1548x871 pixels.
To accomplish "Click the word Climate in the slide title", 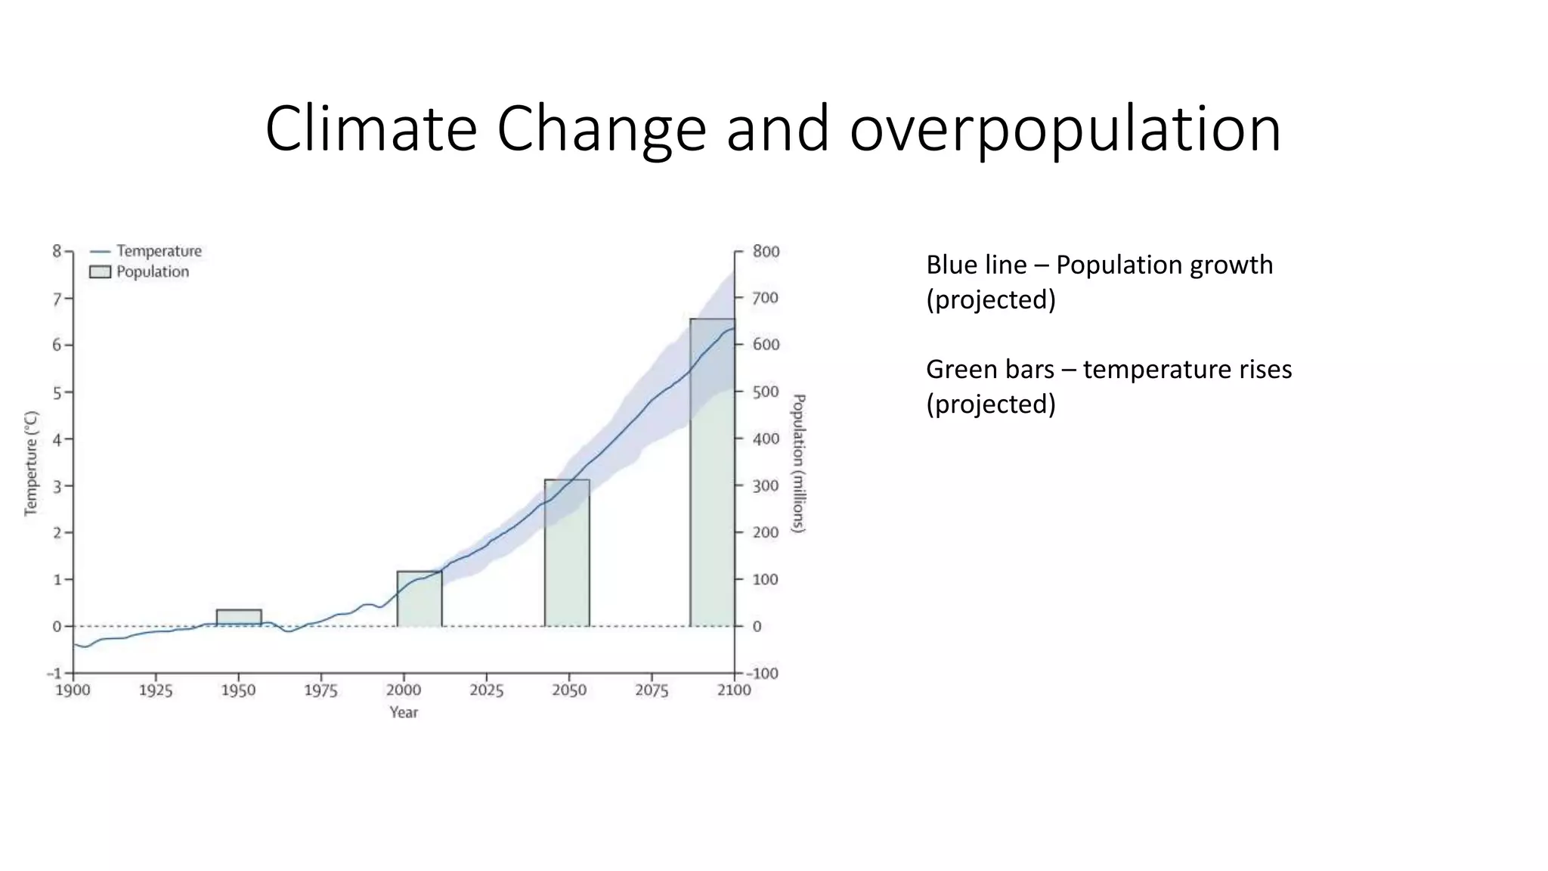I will tap(371, 129).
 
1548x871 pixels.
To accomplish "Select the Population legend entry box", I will tap(100, 272).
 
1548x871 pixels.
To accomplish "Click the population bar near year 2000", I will tap(420, 599).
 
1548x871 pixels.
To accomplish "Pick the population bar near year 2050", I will tap(567, 553).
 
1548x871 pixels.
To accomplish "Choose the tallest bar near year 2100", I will tap(712, 473).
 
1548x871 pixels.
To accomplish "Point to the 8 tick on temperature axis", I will tap(57, 251).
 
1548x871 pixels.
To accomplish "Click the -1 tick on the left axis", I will tap(54, 673).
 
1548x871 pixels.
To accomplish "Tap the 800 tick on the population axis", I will tap(765, 252).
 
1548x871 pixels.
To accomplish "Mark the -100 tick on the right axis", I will tap(763, 674).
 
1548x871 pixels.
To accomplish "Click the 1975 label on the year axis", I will tap(320, 690).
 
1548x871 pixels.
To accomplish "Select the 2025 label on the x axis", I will tap(486, 690).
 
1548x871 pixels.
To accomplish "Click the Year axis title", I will tap(404, 712).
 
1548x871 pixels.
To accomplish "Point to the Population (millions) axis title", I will tap(798, 463).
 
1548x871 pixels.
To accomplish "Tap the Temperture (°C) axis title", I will tap(31, 463).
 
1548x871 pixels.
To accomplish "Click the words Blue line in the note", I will tap(976, 265).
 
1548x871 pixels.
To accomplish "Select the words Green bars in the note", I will tap(989, 370).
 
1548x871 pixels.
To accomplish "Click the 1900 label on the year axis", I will tap(73, 690).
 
